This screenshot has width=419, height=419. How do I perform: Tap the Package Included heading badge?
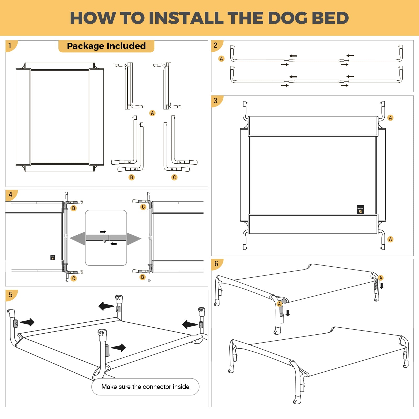click(106, 46)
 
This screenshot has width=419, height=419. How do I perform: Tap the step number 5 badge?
click(10, 295)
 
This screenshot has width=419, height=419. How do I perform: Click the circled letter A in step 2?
click(221, 59)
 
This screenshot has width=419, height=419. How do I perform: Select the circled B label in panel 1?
click(131, 177)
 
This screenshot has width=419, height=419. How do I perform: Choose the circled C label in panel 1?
click(174, 177)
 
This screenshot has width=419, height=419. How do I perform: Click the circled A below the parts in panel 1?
click(152, 113)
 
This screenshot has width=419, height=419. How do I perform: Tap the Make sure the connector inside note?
click(145, 387)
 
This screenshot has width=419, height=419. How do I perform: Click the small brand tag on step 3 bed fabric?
click(360, 210)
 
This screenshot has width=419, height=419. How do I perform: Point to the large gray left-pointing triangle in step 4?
click(78, 238)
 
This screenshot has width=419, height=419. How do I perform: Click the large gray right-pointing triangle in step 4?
click(134, 238)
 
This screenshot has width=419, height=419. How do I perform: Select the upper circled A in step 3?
click(390, 118)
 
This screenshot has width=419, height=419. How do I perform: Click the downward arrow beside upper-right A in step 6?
click(382, 286)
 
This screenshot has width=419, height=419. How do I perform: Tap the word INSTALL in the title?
click(186, 18)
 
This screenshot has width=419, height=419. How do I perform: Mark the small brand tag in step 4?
click(53, 257)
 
